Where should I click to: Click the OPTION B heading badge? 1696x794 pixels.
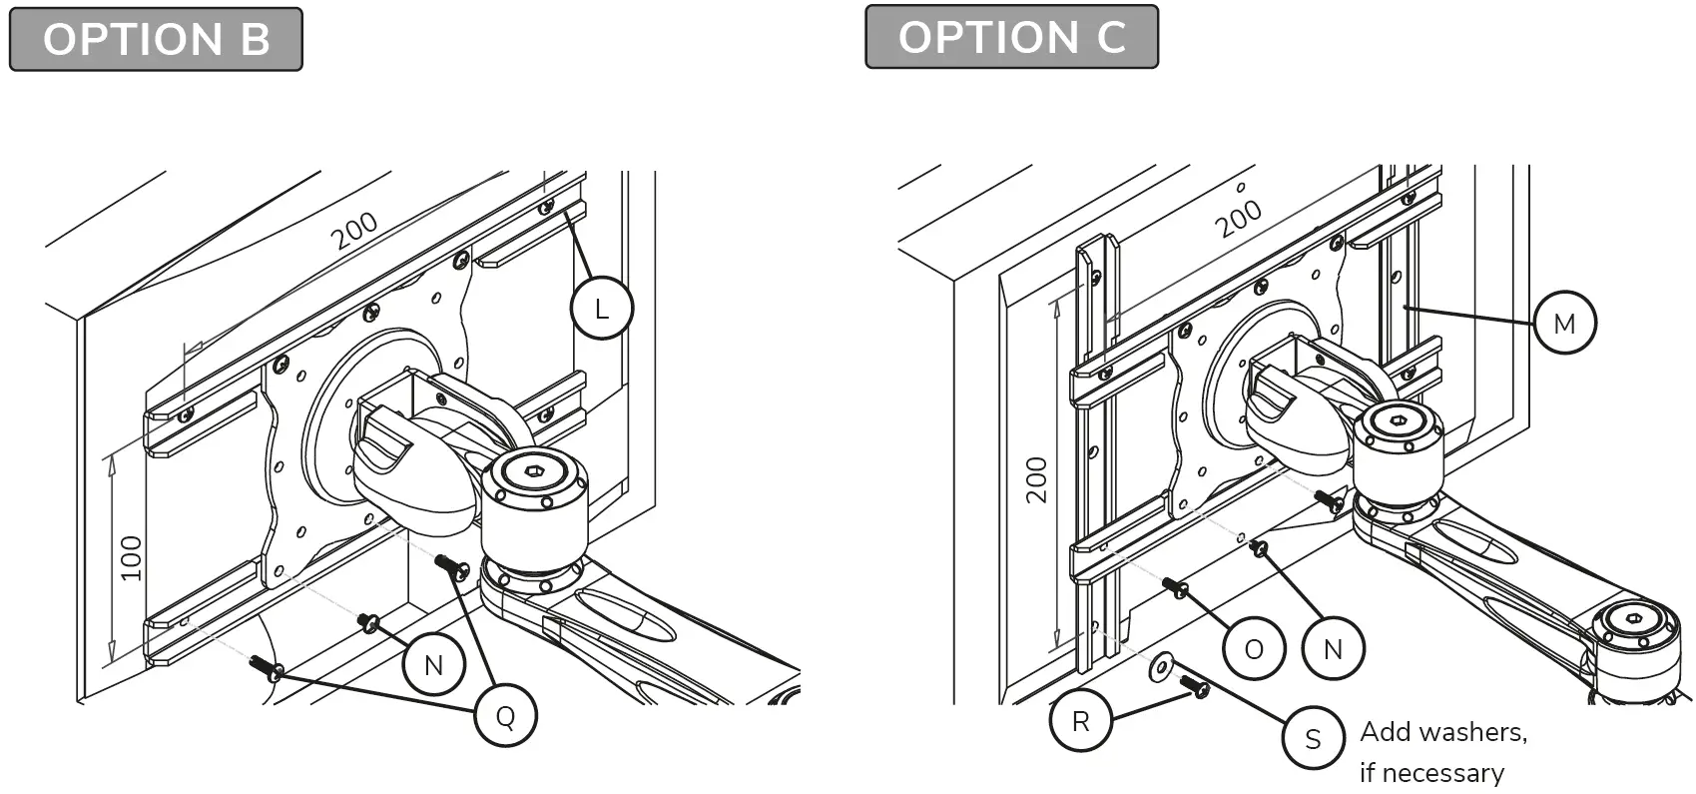[156, 40]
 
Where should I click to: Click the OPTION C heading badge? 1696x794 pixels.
[1011, 37]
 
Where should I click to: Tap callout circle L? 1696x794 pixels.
[601, 310]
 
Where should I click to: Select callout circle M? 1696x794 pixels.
[1563, 323]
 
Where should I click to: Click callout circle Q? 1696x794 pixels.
[505, 716]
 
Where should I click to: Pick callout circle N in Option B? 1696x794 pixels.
[433, 665]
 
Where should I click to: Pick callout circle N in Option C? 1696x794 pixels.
[1333, 649]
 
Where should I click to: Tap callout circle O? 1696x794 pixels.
[1254, 649]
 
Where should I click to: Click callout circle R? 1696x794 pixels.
[1080, 720]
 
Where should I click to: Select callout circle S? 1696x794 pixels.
[1313, 738]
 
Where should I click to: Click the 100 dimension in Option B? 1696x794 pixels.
[132, 557]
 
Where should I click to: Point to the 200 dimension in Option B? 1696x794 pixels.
[355, 231]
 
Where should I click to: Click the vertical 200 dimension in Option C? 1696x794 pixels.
[1037, 479]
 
